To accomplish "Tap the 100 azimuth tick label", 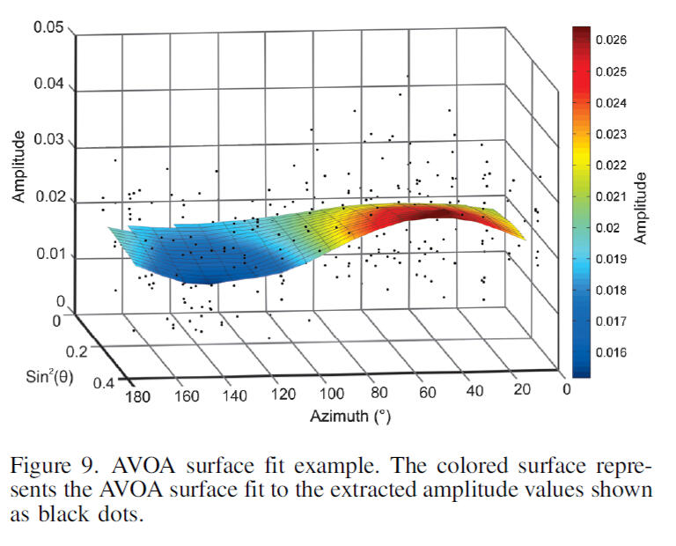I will [332, 394].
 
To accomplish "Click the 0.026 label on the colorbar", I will [611, 41].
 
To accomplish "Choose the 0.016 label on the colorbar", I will [611, 353].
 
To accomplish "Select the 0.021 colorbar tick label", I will [611, 196].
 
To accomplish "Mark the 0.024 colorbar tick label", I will [611, 103].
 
